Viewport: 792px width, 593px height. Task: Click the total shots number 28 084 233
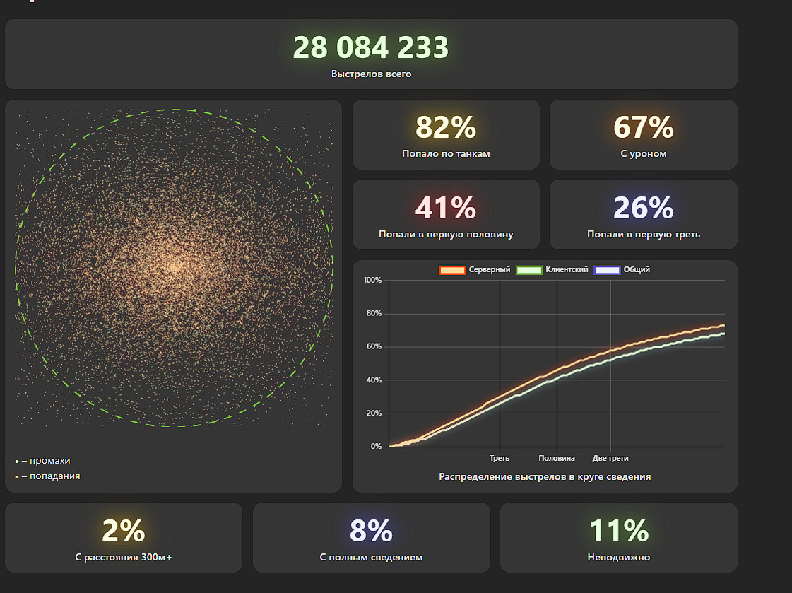(x=371, y=48)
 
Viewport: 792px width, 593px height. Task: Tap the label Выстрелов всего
(x=371, y=74)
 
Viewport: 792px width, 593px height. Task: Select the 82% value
(x=446, y=128)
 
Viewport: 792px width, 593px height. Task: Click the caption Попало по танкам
(x=446, y=154)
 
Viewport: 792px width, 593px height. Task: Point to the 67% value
(x=643, y=128)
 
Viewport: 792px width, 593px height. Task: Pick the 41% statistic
(x=446, y=209)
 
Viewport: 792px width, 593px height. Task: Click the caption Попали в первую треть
(x=644, y=234)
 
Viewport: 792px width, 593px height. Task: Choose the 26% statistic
(x=643, y=209)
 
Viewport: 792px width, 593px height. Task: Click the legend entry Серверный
(x=489, y=269)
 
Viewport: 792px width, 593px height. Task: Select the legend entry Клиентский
(x=567, y=269)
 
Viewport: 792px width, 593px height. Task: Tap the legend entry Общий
(x=636, y=269)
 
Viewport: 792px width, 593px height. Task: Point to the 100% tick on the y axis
(x=372, y=281)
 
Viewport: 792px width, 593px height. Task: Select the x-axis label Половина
(x=557, y=459)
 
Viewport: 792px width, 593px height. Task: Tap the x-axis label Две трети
(x=610, y=459)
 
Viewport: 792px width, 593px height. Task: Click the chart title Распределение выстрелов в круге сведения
(x=545, y=477)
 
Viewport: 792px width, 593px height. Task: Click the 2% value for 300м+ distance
(x=124, y=531)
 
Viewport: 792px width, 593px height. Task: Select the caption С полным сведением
(x=371, y=558)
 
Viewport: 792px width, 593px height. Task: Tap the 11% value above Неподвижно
(x=619, y=531)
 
